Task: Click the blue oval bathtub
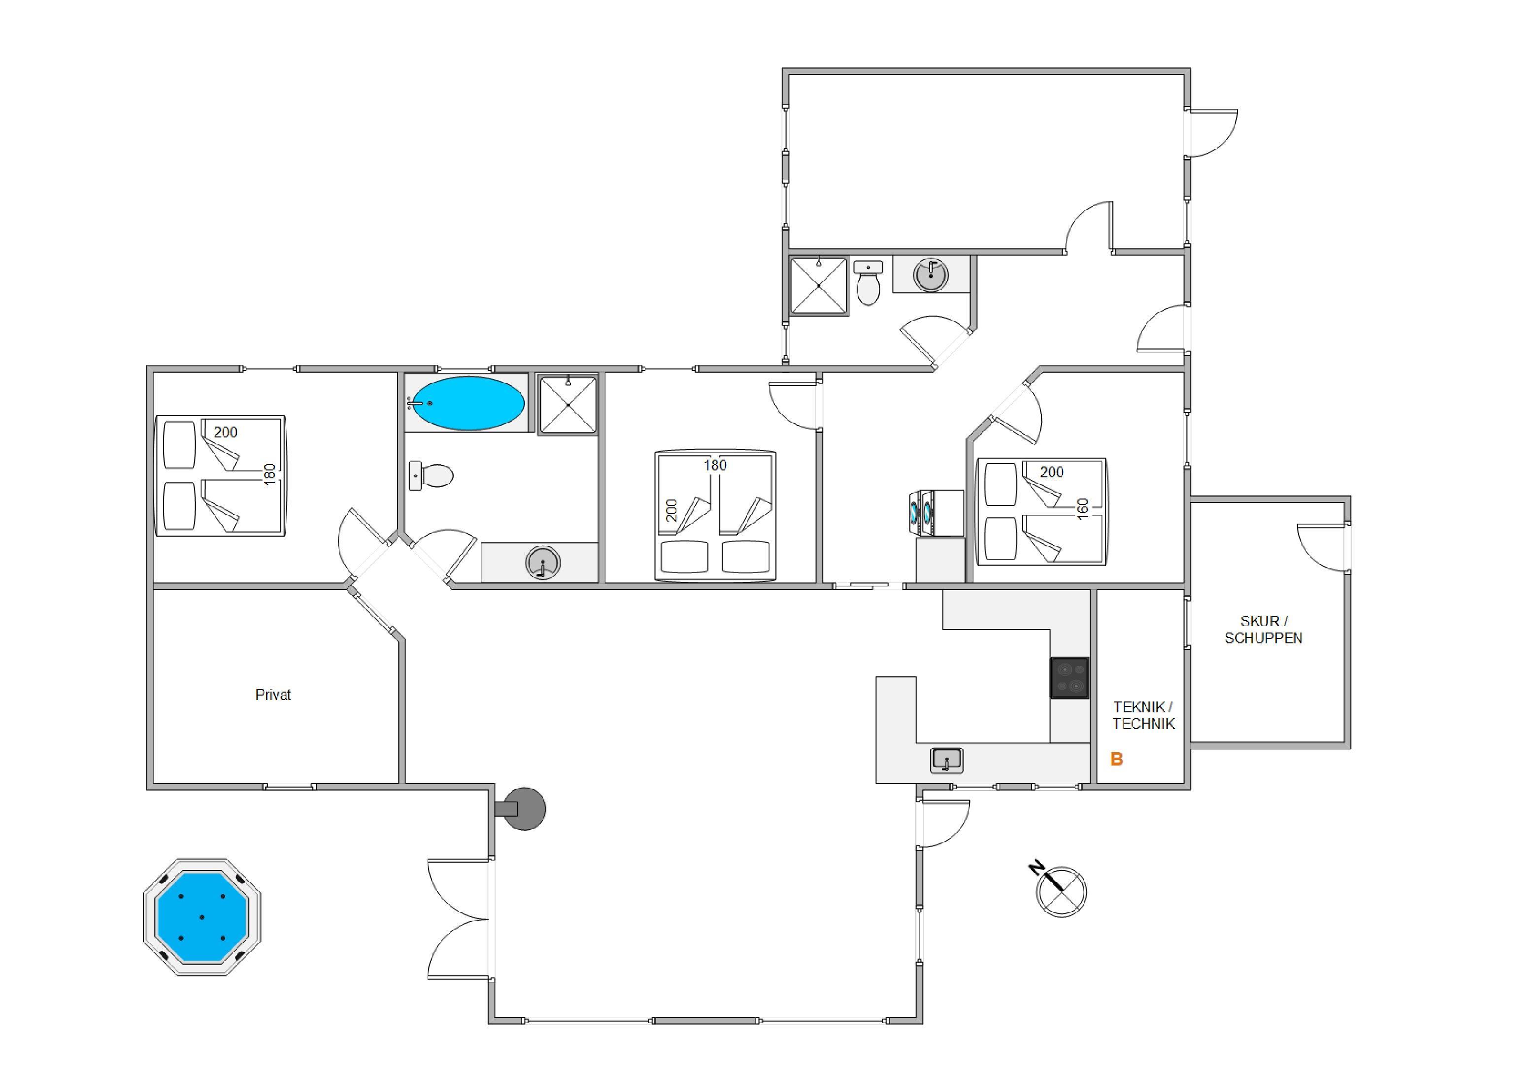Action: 468,403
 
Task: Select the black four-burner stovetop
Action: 1069,678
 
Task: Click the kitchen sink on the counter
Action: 946,760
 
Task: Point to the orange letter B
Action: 1116,760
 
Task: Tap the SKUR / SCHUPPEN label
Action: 1263,629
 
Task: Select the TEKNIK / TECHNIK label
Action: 1143,715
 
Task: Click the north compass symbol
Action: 1060,890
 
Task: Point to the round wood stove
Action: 523,809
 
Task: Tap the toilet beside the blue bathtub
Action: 431,475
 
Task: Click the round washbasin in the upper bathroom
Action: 931,274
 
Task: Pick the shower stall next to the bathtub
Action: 568,405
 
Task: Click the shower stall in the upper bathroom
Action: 818,285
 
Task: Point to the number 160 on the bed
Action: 1083,507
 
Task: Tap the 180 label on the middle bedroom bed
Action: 715,465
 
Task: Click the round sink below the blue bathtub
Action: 542,563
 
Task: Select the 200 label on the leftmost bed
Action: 225,432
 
